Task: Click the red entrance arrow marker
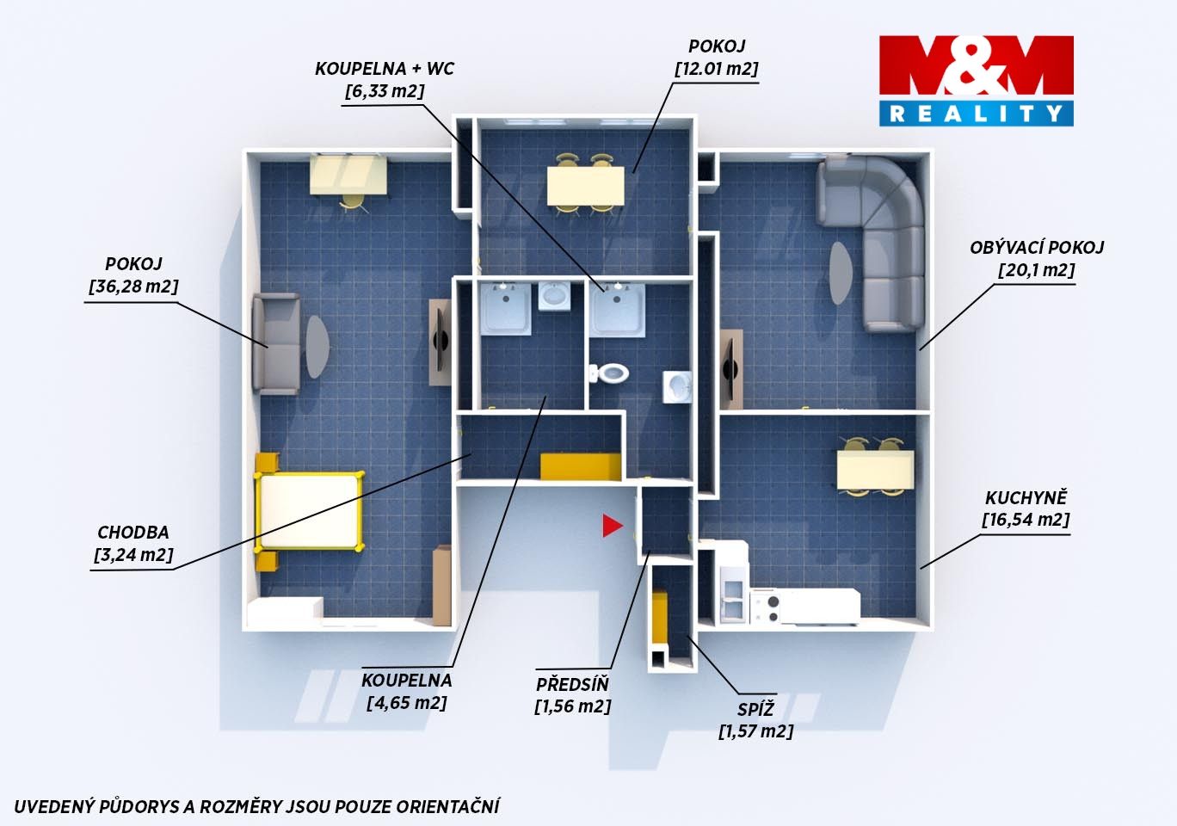[x=612, y=526]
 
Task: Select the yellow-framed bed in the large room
[x=310, y=511]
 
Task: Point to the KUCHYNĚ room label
[x=1026, y=497]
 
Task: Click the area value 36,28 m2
[x=133, y=287]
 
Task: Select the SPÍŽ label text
[x=755, y=709]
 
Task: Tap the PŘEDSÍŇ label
[x=572, y=684]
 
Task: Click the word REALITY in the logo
[x=976, y=114]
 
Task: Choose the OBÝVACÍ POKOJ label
[x=1037, y=248]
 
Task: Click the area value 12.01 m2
[x=717, y=69]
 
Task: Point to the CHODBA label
[x=133, y=533]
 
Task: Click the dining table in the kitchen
[x=875, y=469]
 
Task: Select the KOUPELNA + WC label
[x=385, y=69]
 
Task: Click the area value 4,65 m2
[x=407, y=703]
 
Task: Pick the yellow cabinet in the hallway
[x=581, y=466]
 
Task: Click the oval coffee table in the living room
[x=841, y=273]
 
